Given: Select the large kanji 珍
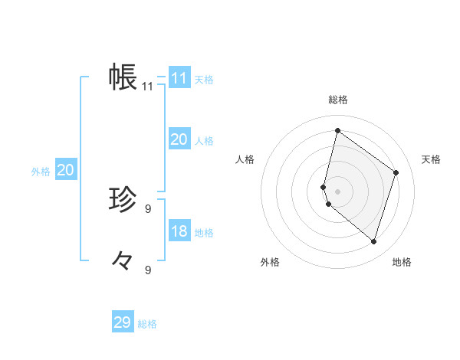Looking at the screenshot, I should click(123, 200).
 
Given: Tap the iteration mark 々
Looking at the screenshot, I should click(122, 261).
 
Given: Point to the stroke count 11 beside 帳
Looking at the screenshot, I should click(147, 87).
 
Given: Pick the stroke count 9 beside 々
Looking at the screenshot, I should click(148, 270).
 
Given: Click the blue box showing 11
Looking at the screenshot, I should click(179, 78).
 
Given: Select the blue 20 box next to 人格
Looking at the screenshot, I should click(179, 139).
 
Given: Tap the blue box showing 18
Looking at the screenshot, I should click(179, 231).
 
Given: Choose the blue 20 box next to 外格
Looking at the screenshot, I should click(65, 170).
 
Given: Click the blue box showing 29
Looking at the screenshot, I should click(122, 322).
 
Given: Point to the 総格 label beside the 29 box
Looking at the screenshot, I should click(147, 324).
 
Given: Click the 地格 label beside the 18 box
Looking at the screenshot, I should click(204, 233).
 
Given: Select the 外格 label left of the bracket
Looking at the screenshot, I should click(41, 172).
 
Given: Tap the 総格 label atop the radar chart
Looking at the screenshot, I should click(337, 100).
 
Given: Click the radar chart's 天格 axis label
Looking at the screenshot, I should click(431, 159).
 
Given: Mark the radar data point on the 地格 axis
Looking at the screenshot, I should click(373, 241).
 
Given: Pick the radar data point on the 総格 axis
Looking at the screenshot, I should click(337, 130).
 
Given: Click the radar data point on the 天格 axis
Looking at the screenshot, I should click(396, 172).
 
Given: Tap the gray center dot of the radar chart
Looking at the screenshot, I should click(337, 191).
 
